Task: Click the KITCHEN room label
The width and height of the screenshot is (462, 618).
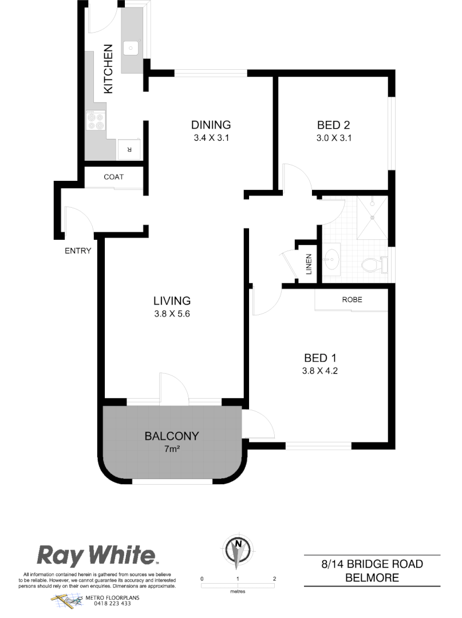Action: pyautogui.click(x=108, y=69)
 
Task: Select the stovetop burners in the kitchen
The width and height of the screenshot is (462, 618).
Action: pyautogui.click(x=95, y=121)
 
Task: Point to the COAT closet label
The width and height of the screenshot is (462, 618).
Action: pyautogui.click(x=113, y=177)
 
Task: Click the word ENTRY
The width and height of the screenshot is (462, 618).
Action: pyautogui.click(x=78, y=251)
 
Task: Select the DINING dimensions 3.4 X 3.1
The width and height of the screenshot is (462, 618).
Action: pyautogui.click(x=211, y=137)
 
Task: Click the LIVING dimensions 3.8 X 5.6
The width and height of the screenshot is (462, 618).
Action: pyautogui.click(x=172, y=313)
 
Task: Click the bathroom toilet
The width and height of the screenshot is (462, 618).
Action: pyautogui.click(x=373, y=266)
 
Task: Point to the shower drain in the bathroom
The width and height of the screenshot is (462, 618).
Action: pyautogui.click(x=373, y=217)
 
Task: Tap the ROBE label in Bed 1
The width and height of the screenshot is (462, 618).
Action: pyautogui.click(x=352, y=299)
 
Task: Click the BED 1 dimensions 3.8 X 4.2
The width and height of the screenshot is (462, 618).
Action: pyautogui.click(x=319, y=370)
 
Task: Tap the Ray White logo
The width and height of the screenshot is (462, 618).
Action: pyautogui.click(x=97, y=555)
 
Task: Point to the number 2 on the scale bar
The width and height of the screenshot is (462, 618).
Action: pyautogui.click(x=275, y=579)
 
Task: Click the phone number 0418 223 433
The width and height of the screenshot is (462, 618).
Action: pyautogui.click(x=112, y=604)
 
